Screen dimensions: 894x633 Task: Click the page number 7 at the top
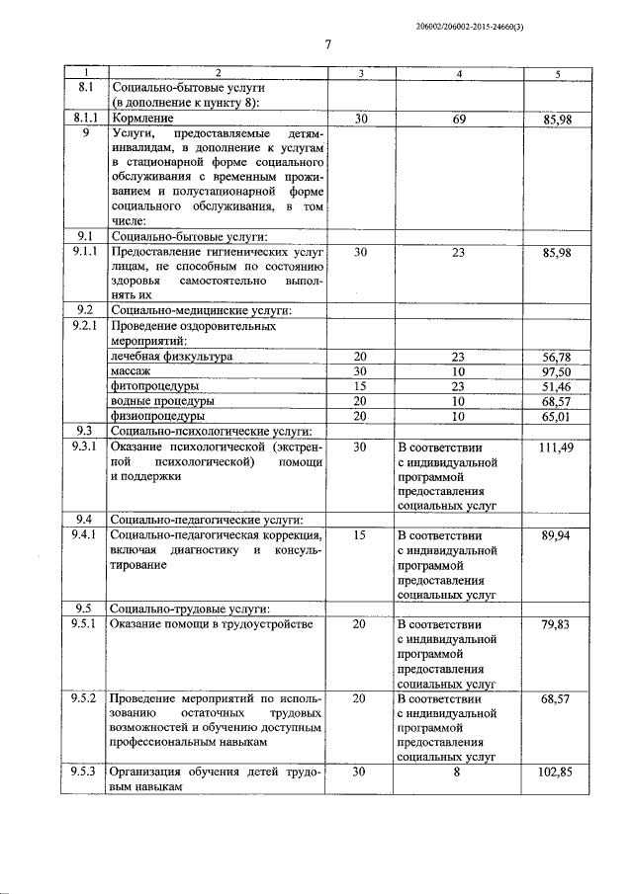[327, 43]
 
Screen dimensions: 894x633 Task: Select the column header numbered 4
[458, 74]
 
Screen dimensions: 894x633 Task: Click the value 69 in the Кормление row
[458, 119]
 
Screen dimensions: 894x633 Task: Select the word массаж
[131, 369]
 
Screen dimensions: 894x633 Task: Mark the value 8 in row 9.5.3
[458, 772]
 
